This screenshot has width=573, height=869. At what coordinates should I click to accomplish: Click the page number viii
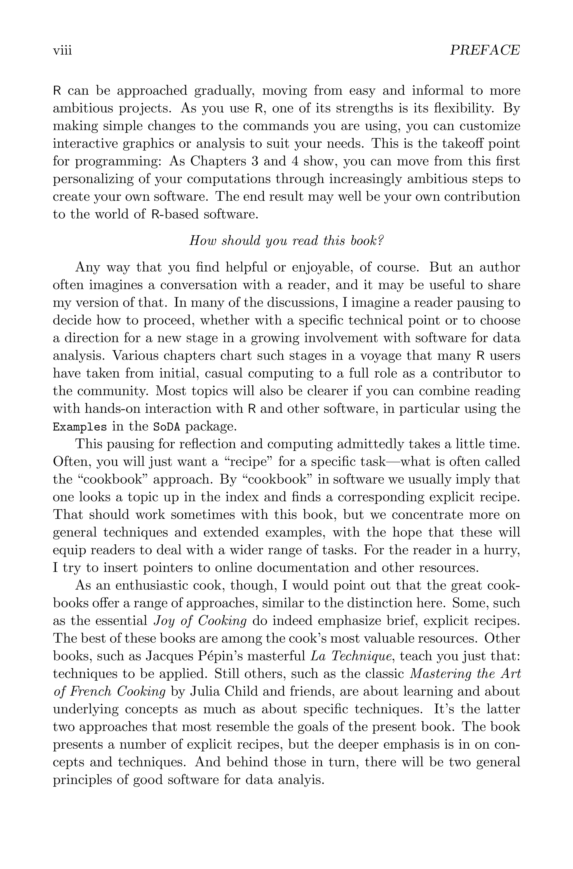(62, 50)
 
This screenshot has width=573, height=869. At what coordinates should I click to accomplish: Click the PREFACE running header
(484, 50)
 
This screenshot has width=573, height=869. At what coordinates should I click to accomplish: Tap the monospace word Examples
(80, 427)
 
